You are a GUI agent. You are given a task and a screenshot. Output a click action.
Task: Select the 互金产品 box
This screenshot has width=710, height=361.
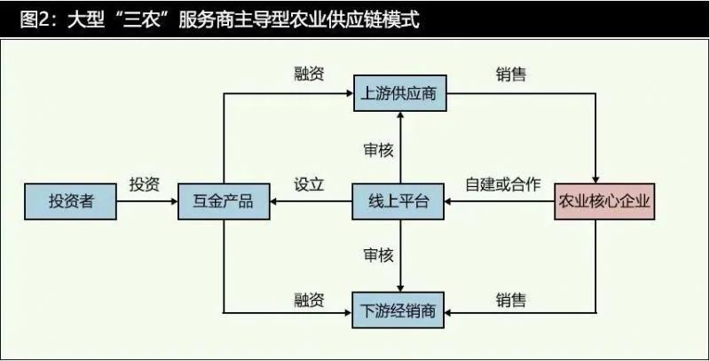click(x=223, y=202)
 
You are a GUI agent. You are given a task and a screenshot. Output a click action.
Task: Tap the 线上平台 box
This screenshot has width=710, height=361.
click(x=398, y=202)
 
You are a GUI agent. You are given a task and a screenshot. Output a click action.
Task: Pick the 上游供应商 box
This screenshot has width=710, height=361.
click(x=398, y=93)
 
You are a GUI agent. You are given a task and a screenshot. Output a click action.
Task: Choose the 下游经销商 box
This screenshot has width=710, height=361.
click(x=398, y=311)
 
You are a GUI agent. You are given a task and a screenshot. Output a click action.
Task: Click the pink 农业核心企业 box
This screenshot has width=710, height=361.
click(x=604, y=202)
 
